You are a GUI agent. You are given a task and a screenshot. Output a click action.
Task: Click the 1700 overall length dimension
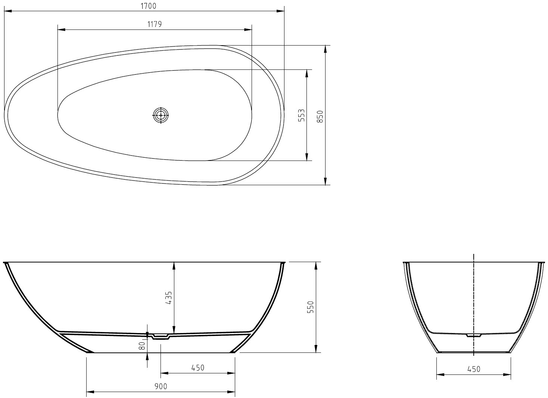coord(148,6)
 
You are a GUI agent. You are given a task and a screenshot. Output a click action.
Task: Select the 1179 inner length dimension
coord(155,24)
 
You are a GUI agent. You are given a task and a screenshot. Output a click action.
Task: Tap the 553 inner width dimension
coord(302,115)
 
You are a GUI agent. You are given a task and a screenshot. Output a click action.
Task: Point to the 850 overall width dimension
coord(320,117)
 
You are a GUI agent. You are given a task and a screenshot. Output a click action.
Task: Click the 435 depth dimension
coord(169,298)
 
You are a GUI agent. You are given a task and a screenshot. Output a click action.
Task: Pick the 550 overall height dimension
coord(310,307)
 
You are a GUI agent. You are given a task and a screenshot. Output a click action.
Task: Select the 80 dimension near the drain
coord(142,345)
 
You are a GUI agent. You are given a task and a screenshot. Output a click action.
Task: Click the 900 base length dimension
coord(161,386)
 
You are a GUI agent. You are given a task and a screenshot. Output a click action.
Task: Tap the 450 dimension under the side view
coord(198,368)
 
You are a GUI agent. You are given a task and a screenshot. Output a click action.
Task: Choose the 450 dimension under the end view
coord(474,369)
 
